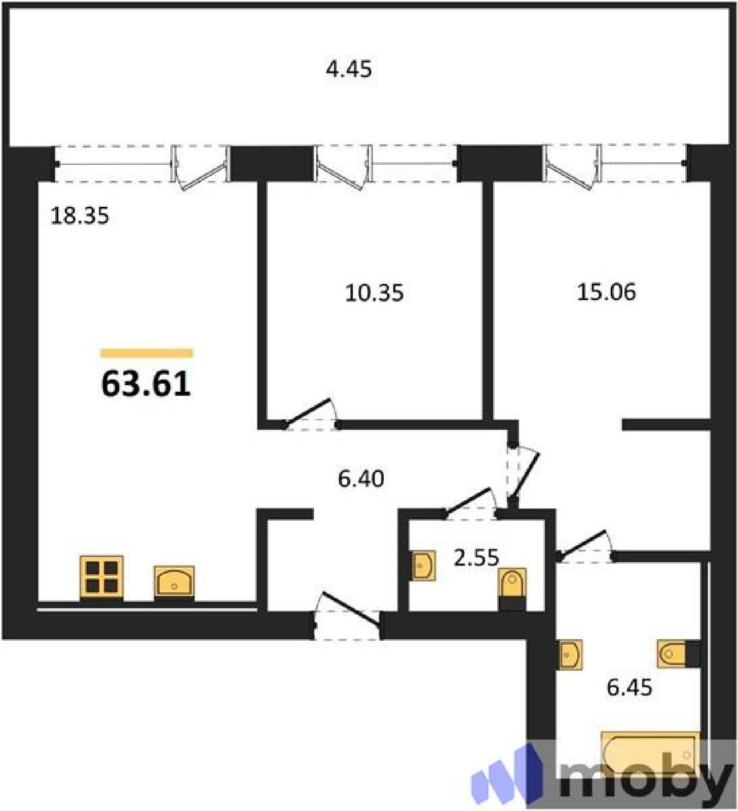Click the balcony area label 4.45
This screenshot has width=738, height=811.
(349, 69)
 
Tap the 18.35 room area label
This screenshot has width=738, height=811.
(80, 216)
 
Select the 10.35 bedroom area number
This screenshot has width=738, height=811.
(374, 293)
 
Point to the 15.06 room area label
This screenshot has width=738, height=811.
(606, 292)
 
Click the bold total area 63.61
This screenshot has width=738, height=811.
(146, 383)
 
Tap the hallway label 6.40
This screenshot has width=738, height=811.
(361, 478)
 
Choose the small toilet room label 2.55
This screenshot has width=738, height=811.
(476, 558)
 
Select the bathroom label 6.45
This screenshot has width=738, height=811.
(630, 688)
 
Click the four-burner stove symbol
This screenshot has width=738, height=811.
(102, 576)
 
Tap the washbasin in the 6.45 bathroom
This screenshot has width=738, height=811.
(569, 654)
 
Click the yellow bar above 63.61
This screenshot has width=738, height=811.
(146, 353)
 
